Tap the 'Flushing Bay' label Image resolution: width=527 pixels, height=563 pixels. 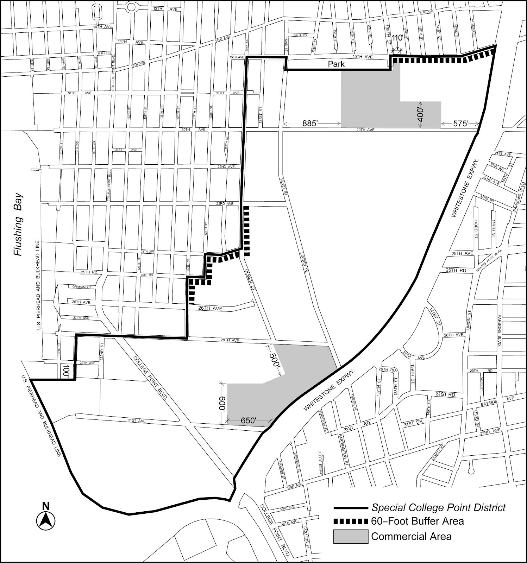(x=18, y=225)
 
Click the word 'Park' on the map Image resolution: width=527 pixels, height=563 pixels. (x=336, y=64)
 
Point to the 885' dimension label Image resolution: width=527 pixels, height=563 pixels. (x=310, y=124)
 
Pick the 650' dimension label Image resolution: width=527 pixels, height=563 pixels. (x=249, y=420)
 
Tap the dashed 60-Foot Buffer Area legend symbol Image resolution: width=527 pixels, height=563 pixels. (x=351, y=521)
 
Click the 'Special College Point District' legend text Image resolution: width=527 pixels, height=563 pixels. (x=439, y=508)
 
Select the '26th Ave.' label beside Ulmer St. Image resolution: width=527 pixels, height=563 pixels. (x=211, y=308)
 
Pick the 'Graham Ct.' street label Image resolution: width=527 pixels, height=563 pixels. (x=82, y=287)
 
